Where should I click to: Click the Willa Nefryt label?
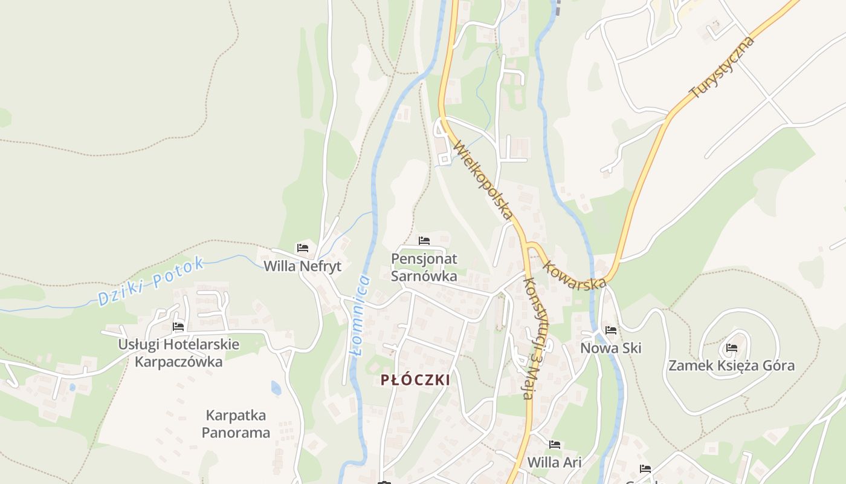pos(302,266)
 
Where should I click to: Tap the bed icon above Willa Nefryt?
pos(303,248)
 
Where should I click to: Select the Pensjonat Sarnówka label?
pos(424,267)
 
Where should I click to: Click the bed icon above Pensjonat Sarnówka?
pos(424,241)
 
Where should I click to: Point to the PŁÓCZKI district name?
pos(416,380)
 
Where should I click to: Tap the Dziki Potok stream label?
pos(151,282)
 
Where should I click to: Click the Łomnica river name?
pos(361,315)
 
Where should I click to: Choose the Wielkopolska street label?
pos(483,180)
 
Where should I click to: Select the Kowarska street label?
pos(574,275)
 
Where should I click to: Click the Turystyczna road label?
pos(722,67)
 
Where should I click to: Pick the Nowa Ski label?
pos(610,348)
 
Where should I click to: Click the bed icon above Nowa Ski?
pos(611,330)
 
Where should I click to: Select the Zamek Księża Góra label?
pos(731,365)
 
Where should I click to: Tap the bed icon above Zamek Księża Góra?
pos(732,348)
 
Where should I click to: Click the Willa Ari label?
pos(554,463)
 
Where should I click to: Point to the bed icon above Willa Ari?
pos(555,445)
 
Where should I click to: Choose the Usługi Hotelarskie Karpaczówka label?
pos(178,353)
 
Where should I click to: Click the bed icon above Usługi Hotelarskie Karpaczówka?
pos(178,327)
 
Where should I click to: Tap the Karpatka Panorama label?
pos(236,424)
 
